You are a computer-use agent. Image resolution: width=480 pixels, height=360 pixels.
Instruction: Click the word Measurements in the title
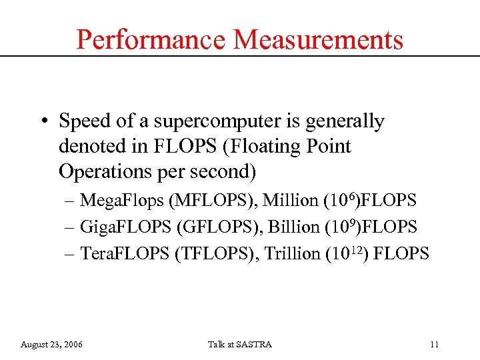pos(318,39)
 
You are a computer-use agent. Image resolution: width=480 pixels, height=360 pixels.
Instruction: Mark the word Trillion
pos(293,253)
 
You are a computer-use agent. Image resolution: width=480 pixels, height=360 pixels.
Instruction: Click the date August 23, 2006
pos(52,345)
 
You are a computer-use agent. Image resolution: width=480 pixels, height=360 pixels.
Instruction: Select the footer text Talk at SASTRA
pos(239,345)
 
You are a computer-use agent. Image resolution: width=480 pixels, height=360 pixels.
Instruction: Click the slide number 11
pos(434,345)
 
